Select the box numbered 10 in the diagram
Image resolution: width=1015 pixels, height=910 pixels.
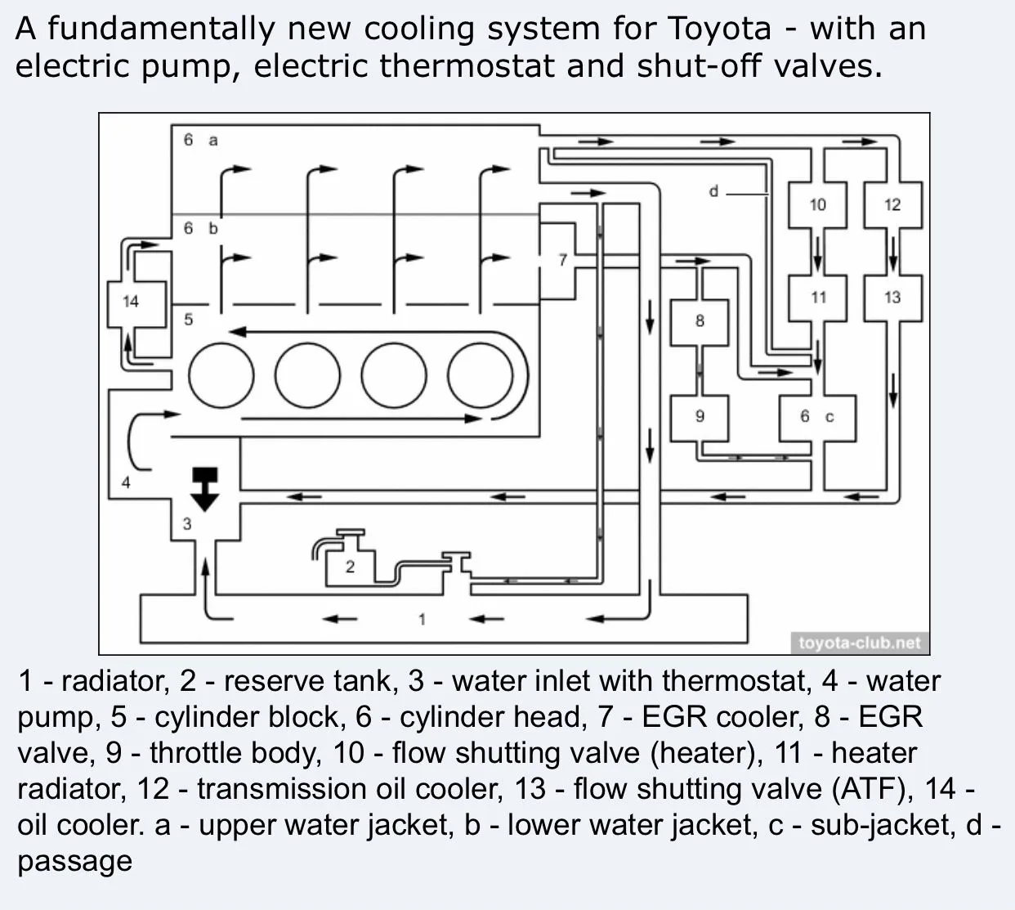[x=817, y=204]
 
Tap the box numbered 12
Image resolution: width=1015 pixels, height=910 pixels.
[x=892, y=204]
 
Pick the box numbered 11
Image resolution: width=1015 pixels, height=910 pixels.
[x=818, y=298]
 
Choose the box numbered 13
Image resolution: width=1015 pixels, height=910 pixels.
[x=892, y=298]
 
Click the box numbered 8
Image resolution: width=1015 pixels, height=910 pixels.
[x=700, y=321]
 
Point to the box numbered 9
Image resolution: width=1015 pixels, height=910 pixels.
[x=700, y=416]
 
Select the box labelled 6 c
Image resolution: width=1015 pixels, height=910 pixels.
[x=817, y=418]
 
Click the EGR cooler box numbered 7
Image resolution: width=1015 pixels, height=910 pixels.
[x=560, y=260]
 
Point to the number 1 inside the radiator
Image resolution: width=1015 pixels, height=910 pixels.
[x=422, y=619]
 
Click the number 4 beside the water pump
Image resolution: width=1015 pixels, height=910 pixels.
[x=126, y=482]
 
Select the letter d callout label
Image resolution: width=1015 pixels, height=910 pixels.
[x=713, y=191]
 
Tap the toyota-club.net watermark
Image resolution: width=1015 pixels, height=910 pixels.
[x=859, y=643]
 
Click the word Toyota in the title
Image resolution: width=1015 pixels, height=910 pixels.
[x=719, y=29]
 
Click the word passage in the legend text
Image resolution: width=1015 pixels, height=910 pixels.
[x=75, y=861]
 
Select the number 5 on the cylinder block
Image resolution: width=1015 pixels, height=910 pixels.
[x=188, y=320]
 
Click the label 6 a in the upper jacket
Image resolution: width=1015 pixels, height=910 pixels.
[x=200, y=141]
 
